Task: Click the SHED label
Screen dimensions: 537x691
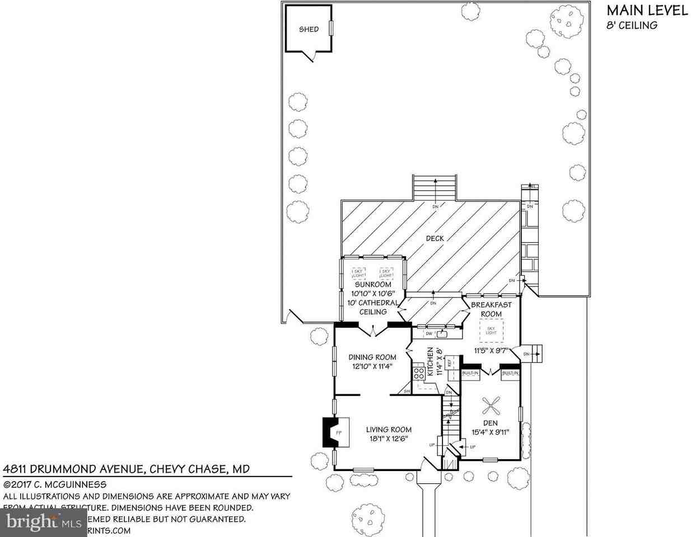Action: pyautogui.click(x=309, y=29)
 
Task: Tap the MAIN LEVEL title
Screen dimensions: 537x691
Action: pyautogui.click(x=647, y=11)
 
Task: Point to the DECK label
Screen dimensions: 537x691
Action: pyautogui.click(x=435, y=238)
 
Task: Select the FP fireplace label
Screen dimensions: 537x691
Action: pyautogui.click(x=338, y=433)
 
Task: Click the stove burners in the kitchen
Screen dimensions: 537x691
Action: pyautogui.click(x=418, y=372)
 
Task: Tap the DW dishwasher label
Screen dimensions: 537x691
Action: pyautogui.click(x=429, y=334)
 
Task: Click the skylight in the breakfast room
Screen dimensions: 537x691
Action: pyautogui.click(x=491, y=331)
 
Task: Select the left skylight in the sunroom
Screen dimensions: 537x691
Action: pyautogui.click(x=358, y=274)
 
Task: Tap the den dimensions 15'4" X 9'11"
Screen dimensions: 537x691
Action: pyautogui.click(x=490, y=431)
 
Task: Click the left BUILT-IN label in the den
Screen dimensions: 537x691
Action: pyautogui.click(x=470, y=373)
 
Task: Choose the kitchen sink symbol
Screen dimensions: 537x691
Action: pyautogui.click(x=442, y=335)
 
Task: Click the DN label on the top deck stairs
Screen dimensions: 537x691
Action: pyautogui.click(x=435, y=206)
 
